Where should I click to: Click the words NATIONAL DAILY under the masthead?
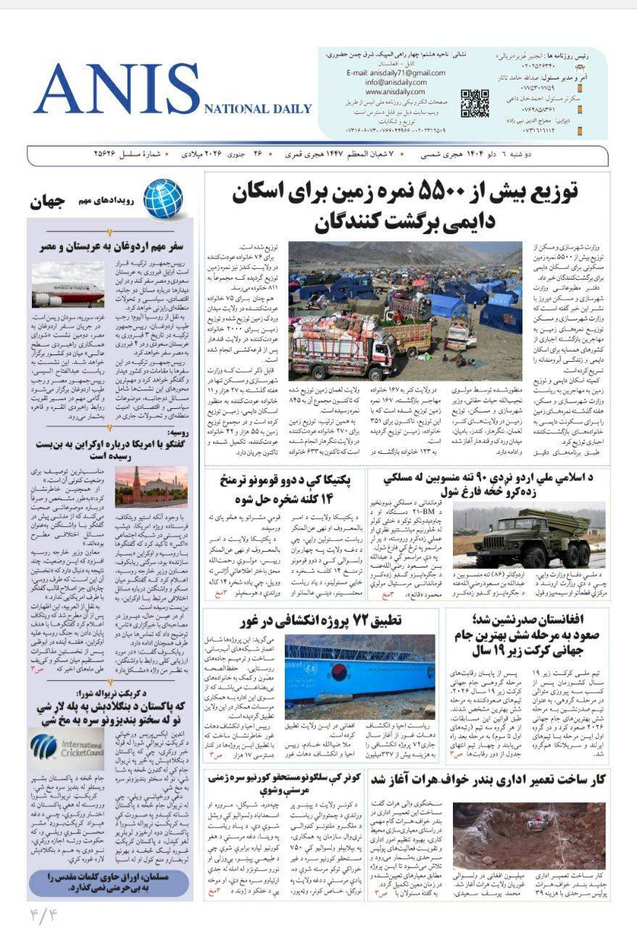(x=258, y=109)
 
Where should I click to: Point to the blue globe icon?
(x=162, y=198)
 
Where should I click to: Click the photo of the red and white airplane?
(x=67, y=284)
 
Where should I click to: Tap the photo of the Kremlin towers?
(x=151, y=484)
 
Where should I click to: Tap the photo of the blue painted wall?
(x=359, y=676)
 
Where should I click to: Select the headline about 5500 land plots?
(x=405, y=207)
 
